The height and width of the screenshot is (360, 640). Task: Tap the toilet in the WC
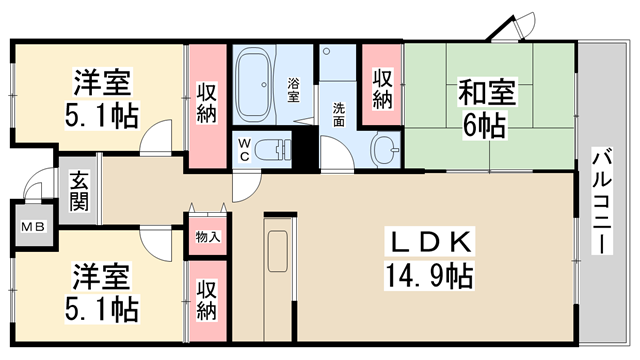point(272,150)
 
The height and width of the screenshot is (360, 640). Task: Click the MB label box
point(33,226)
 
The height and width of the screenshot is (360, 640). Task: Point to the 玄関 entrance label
point(79,191)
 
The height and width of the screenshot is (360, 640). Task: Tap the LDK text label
point(430,242)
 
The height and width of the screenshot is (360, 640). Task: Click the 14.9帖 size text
point(429,276)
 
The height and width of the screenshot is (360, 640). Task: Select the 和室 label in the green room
point(487,92)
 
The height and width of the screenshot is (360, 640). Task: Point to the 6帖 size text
point(484,125)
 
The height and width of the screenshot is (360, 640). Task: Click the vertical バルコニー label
point(602,201)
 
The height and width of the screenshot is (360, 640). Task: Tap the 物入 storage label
point(208,237)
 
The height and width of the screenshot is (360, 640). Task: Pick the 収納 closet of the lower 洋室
point(207,300)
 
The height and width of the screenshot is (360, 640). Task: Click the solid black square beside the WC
point(305,148)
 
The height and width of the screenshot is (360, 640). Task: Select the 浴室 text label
point(293,90)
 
